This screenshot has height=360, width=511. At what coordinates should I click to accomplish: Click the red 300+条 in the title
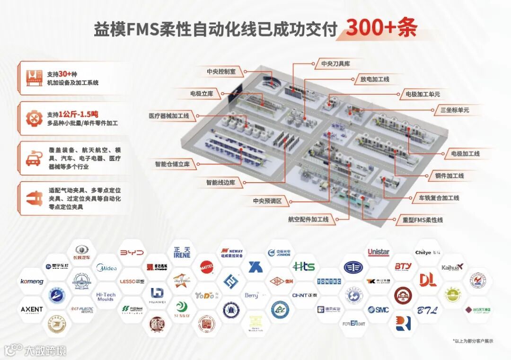381,28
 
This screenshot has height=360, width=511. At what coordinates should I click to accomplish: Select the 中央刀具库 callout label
335,63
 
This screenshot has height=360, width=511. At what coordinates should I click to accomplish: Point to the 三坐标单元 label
455,110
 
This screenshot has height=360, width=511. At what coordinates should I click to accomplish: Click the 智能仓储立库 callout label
172,164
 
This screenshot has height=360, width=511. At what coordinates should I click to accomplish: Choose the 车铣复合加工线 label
436,198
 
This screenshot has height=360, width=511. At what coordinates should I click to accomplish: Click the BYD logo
132,253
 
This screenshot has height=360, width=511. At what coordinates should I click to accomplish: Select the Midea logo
106,268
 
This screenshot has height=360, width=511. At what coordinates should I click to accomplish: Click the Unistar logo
379,252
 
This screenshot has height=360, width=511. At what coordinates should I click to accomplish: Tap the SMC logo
379,310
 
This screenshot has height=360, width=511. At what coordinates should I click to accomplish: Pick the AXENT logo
32,309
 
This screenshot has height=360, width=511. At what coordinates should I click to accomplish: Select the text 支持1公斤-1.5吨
73,114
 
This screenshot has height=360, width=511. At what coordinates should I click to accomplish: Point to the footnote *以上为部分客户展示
473,341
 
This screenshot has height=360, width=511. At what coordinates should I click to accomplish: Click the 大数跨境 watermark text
46,351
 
